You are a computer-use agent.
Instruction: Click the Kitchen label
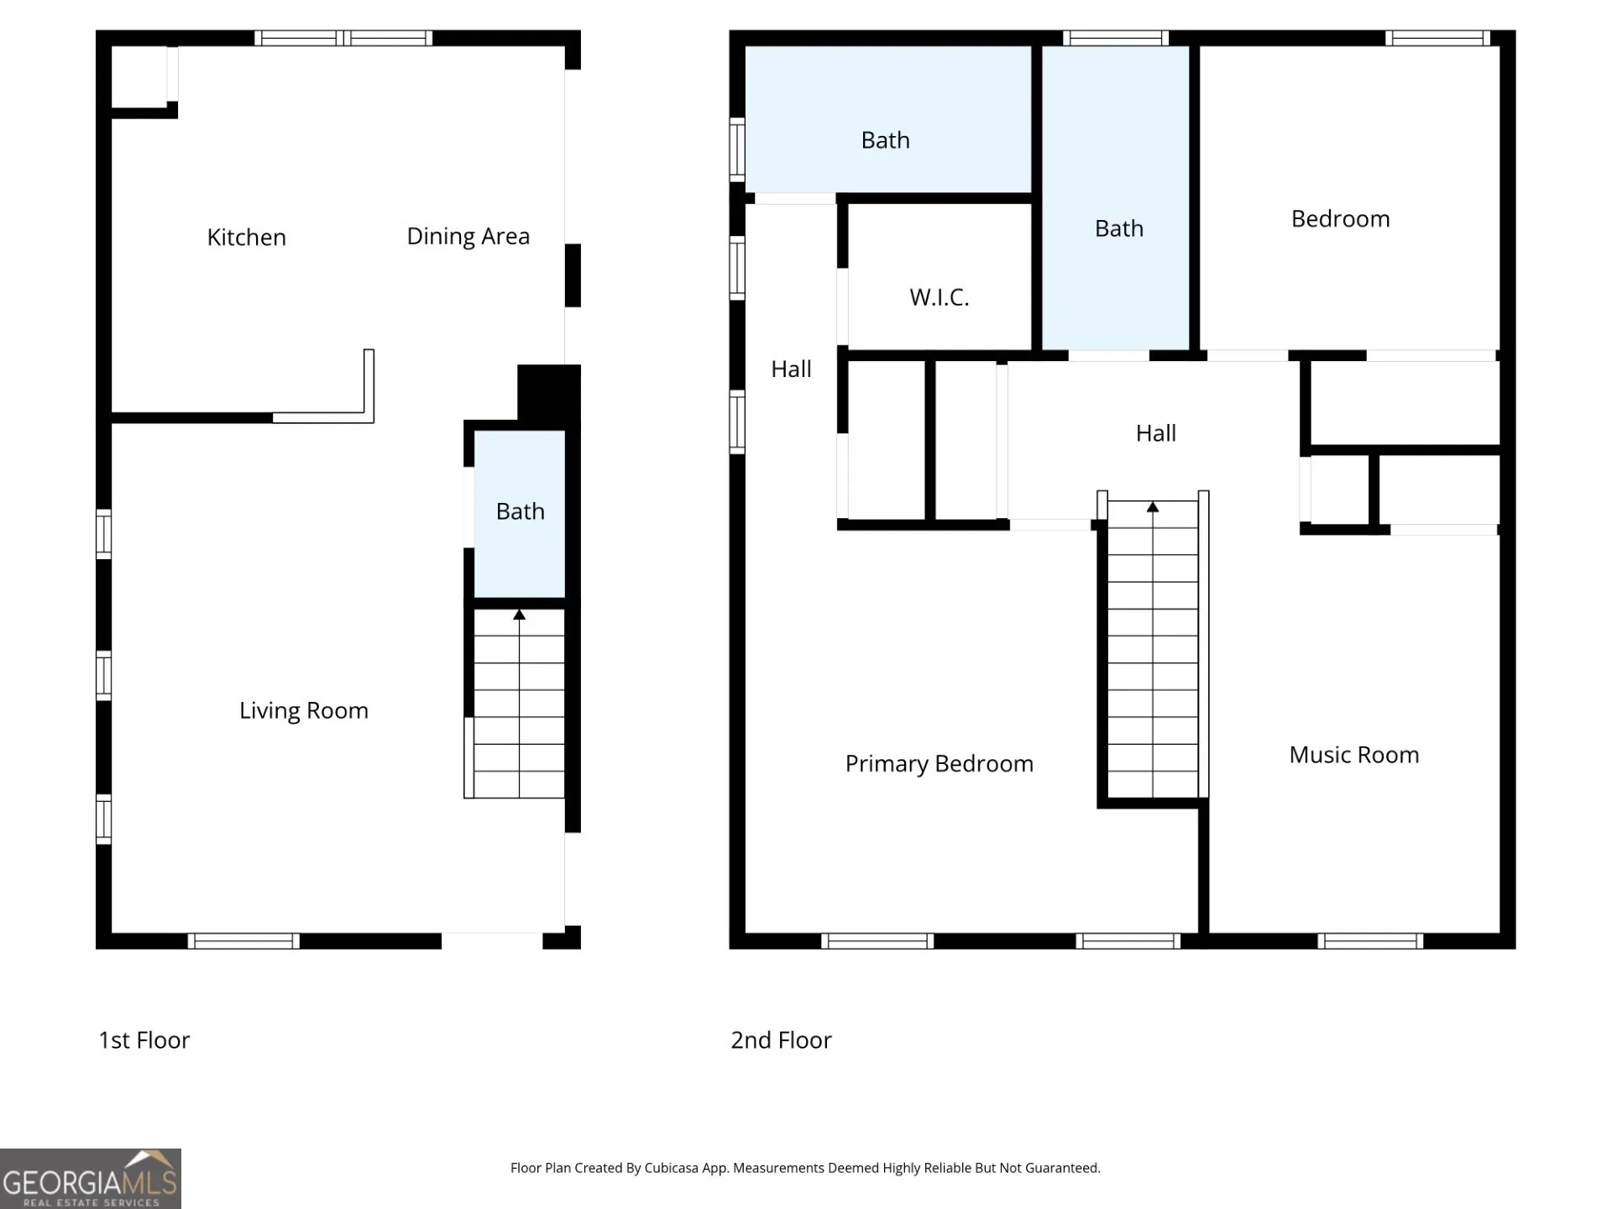tap(246, 238)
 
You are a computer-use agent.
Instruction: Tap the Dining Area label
tap(468, 237)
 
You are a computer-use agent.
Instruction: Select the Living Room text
tap(304, 711)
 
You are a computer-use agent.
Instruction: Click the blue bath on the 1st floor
tap(520, 514)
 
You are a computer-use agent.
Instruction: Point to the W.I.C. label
tap(939, 297)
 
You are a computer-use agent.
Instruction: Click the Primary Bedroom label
tap(939, 764)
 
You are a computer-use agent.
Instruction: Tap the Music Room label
tap(1354, 755)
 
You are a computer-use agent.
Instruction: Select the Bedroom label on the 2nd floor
tap(1340, 219)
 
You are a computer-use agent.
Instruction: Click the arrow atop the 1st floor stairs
tap(519, 615)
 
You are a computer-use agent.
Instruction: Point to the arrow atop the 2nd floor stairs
tap(1153, 507)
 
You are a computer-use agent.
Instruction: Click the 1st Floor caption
tap(144, 1040)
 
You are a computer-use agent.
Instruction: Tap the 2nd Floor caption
tap(781, 1040)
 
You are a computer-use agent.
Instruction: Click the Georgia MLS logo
tap(91, 1179)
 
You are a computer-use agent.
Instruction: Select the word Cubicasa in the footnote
tap(671, 1168)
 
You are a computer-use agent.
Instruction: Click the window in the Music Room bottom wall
tap(1370, 941)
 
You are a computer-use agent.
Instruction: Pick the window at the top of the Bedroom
tap(1437, 38)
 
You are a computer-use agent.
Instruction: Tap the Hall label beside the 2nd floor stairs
tap(1156, 433)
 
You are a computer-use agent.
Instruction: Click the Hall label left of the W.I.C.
tap(791, 369)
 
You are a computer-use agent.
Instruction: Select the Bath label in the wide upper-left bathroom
tap(886, 140)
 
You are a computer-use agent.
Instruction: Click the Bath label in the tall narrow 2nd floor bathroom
tap(1119, 228)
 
